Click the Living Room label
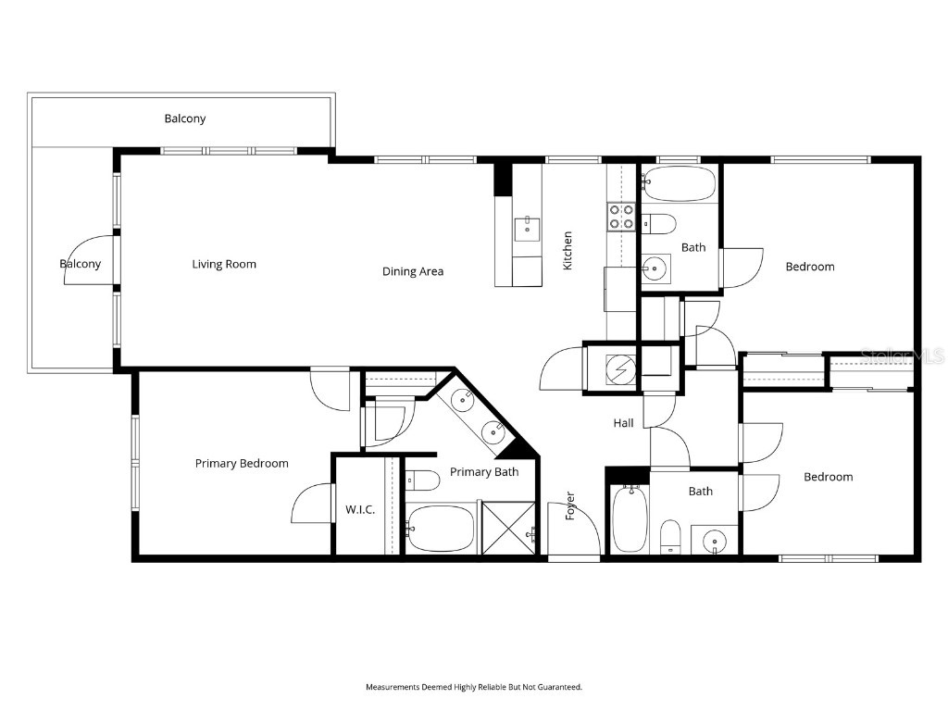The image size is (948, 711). tap(224, 264)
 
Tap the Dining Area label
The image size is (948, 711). tap(413, 271)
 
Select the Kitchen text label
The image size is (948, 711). tap(568, 250)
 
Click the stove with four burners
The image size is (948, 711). tap(621, 217)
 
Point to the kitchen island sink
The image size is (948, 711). tap(527, 228)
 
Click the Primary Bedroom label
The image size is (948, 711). tap(242, 463)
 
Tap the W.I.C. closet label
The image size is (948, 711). tap(360, 509)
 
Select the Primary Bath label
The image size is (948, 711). tap(484, 471)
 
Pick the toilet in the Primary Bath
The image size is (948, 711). tap(421, 480)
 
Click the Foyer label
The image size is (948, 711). tap(570, 505)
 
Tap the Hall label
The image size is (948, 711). tap(624, 422)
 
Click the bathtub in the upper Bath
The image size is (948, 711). tap(679, 183)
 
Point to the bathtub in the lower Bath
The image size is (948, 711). tap(630, 518)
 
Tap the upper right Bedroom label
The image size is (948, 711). tap(810, 267)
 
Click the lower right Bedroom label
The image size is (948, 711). tap(828, 477)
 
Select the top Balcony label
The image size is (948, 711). tap(185, 118)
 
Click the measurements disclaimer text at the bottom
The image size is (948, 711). tap(474, 687)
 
